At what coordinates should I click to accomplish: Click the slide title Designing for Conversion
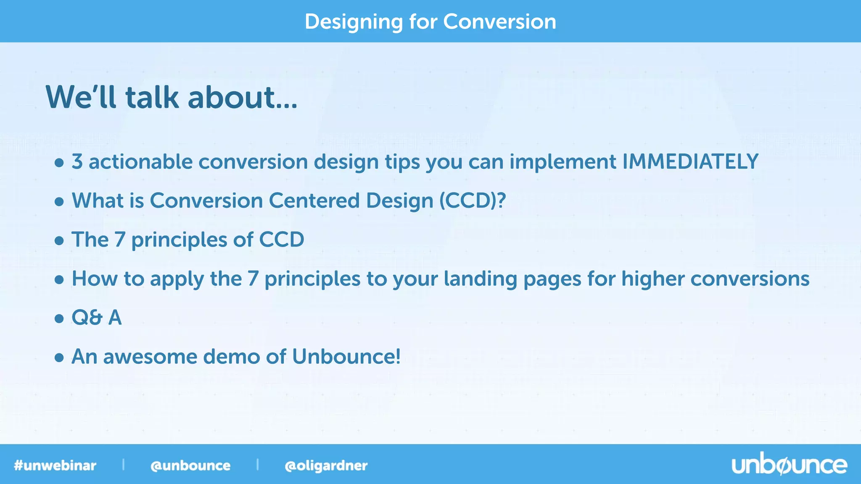430,21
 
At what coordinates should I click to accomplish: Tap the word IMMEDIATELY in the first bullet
690,162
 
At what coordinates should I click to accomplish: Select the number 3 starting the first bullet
77,162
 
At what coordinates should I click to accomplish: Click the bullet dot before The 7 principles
59,241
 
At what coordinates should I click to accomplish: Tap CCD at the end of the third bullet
281,240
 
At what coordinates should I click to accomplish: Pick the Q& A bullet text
97,318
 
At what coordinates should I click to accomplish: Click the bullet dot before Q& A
59,318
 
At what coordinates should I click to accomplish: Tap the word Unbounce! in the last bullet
346,357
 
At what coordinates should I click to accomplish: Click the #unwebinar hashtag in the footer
55,466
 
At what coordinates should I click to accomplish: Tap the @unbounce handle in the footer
190,466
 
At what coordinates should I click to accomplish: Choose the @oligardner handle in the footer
326,466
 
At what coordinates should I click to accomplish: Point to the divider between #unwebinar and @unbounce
123,464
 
